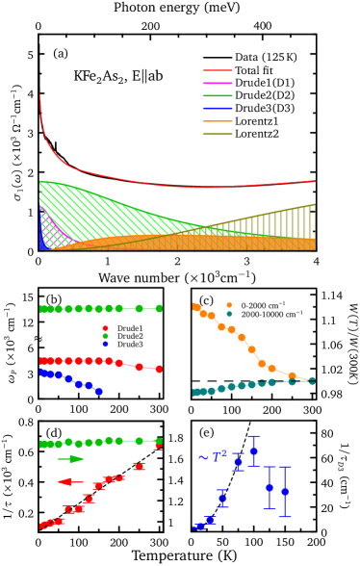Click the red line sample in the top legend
[217, 70]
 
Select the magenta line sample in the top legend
[217, 83]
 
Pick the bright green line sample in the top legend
[217, 95]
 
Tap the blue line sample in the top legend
[217, 108]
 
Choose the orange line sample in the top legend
[217, 121]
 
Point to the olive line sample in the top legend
[217, 134]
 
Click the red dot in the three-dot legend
[105, 328]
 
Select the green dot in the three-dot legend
[105, 336]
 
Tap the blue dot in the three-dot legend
[105, 344]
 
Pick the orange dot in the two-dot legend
[229, 305]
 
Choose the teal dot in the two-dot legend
[229, 314]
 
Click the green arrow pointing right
[71, 459]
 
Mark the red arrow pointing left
[70, 481]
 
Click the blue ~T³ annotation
[212, 457]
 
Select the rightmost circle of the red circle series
[159, 369]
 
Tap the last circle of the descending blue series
[99, 392]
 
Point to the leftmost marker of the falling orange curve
[195, 306]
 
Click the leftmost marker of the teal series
[195, 392]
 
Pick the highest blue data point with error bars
[253, 450]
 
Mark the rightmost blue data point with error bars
[284, 492]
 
